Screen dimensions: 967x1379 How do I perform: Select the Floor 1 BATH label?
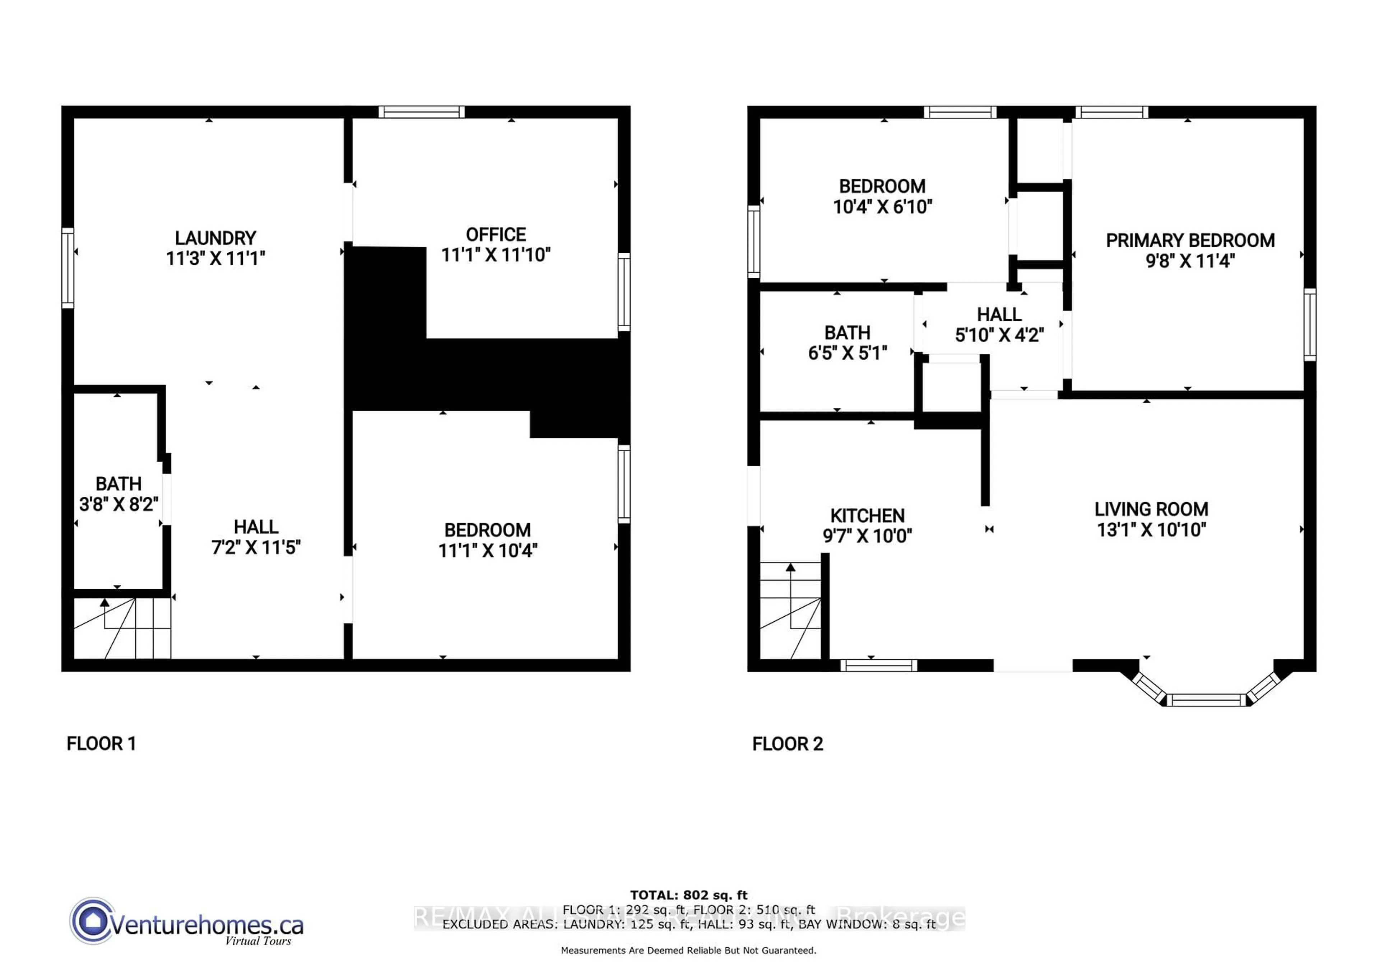click(x=118, y=484)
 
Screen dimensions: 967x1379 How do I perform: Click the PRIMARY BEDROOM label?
click(x=1190, y=241)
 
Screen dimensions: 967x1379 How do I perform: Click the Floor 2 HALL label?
click(x=999, y=314)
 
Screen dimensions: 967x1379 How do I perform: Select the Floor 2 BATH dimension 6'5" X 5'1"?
click(x=847, y=353)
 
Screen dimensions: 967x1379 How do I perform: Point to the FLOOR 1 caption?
click(x=101, y=744)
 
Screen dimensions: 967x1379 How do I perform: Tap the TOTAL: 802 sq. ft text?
click(x=688, y=895)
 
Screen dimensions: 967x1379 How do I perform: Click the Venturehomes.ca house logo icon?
click(x=92, y=920)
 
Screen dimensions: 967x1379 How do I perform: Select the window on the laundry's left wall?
click(x=68, y=268)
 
